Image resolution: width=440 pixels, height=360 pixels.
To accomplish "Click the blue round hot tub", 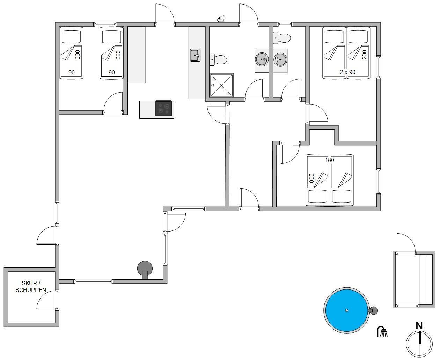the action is point(346,310).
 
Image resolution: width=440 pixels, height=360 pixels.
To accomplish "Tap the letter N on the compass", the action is point(419,325).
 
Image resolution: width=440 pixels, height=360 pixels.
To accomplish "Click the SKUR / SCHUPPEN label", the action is point(31,286).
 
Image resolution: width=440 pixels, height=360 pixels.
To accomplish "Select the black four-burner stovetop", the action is point(163,108).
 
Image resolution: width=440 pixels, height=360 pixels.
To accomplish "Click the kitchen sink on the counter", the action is point(195,55).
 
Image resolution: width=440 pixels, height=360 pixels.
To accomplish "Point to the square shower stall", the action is point(221,85).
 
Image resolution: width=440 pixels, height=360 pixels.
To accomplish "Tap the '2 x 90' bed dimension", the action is point(347,72).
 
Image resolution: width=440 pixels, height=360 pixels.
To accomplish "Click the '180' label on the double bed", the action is point(329,160).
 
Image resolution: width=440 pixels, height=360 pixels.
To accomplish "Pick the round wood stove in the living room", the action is point(145,269).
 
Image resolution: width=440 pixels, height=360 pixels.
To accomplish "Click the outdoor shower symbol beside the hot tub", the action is point(382,331).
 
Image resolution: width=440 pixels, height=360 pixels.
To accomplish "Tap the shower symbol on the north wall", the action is point(221,19).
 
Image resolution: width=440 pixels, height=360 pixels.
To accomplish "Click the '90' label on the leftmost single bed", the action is point(71,72).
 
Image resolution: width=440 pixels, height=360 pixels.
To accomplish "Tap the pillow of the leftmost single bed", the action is point(71,37).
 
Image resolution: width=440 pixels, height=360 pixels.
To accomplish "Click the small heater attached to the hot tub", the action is point(373,310).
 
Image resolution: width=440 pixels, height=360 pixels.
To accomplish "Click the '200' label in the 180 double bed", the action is point(311,178).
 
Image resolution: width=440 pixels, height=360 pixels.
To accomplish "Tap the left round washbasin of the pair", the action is point(262,59).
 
